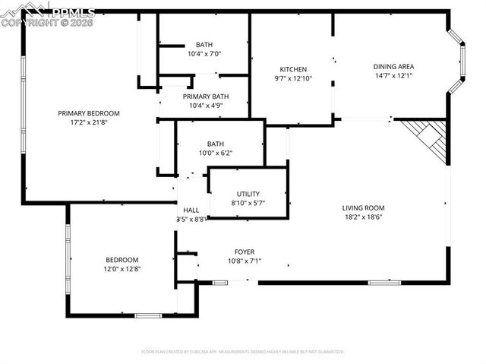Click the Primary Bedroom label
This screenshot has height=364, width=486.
tap(89, 113)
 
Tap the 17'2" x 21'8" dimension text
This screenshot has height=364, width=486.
tap(89, 122)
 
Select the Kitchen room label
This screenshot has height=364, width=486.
tap(292, 68)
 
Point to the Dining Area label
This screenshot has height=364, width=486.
tap(393, 66)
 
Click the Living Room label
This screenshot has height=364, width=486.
tap(363, 207)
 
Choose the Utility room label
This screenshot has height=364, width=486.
tap(248, 194)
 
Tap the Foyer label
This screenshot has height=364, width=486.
tap(244, 252)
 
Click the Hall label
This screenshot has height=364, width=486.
tap(191, 210)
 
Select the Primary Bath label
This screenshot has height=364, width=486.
tap(205, 97)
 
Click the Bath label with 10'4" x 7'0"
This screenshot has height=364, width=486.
tap(204, 45)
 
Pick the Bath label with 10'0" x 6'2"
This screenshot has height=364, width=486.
tap(216, 144)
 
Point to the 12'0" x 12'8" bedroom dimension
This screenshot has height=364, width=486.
tap(122, 268)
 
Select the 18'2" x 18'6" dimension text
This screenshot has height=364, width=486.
tap(363, 217)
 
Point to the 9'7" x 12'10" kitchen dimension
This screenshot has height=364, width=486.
tap(292, 78)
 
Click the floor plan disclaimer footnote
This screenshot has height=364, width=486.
tap(243, 352)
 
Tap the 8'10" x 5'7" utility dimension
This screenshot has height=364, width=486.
tap(248, 203)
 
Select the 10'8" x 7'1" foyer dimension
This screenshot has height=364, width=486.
tap(244, 261)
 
